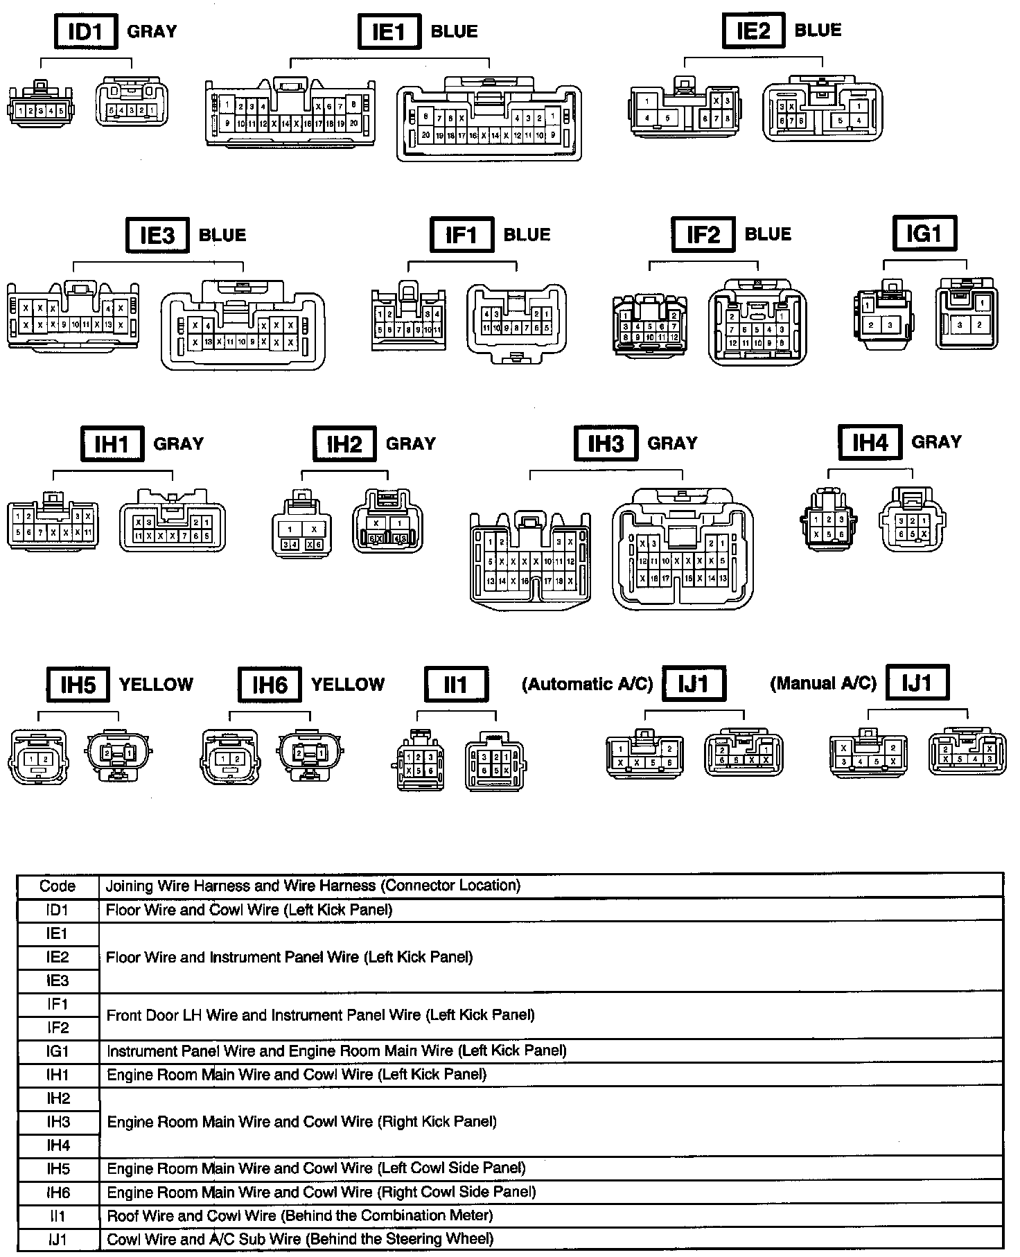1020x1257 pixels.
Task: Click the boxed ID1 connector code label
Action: pos(85,32)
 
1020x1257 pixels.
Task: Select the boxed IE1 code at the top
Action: pos(389,32)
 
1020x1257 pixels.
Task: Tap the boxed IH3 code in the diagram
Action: pos(606,443)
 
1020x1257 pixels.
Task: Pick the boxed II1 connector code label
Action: pos(456,685)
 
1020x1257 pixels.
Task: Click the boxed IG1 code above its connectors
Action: pos(924,234)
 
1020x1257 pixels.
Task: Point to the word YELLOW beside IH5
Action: pos(156,685)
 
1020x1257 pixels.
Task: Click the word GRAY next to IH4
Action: pos(936,442)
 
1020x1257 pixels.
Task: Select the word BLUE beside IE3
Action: pos(222,235)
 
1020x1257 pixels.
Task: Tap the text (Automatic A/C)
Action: pos(587,685)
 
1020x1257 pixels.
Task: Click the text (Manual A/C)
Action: pos(823,684)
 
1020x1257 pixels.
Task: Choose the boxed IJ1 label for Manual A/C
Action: pos(917,683)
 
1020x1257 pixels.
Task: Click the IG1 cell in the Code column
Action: pos(58,1051)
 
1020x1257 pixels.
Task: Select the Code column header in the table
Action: pos(58,886)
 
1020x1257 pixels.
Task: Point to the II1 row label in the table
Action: pos(58,1216)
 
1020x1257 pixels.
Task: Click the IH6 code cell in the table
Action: pos(58,1193)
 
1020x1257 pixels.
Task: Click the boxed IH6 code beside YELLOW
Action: pos(269,685)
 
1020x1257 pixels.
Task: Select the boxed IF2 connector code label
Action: pos(703,235)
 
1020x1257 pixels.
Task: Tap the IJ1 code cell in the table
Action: pos(58,1240)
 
